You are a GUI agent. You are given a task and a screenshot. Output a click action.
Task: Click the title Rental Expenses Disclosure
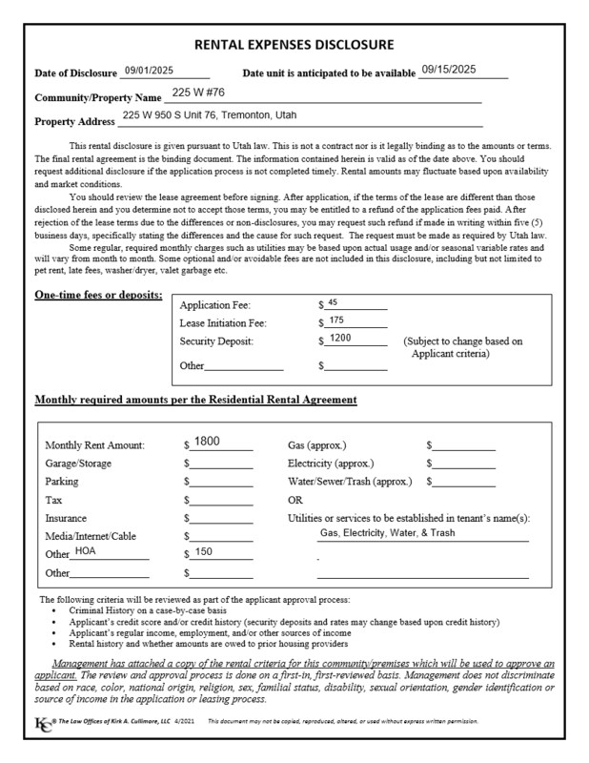(x=294, y=45)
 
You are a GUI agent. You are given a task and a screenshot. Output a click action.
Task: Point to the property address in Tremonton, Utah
(x=209, y=115)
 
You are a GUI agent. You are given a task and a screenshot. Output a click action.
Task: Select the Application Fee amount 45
(x=333, y=302)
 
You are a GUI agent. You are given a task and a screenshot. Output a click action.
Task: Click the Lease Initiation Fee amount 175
(x=335, y=320)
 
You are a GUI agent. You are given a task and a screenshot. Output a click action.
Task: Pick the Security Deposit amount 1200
(x=340, y=339)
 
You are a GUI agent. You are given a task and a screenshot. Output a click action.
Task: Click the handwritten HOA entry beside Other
(x=86, y=551)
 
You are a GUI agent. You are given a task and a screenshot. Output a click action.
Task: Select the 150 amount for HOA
(x=204, y=552)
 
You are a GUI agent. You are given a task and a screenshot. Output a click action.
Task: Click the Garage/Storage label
(x=78, y=464)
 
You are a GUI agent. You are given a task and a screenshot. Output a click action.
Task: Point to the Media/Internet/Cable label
(x=91, y=536)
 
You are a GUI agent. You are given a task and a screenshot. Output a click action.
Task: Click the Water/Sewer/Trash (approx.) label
(x=350, y=482)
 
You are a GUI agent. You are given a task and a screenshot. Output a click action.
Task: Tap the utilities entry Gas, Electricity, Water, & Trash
(x=387, y=533)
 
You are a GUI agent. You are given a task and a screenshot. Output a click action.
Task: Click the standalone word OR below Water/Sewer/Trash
(x=294, y=500)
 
